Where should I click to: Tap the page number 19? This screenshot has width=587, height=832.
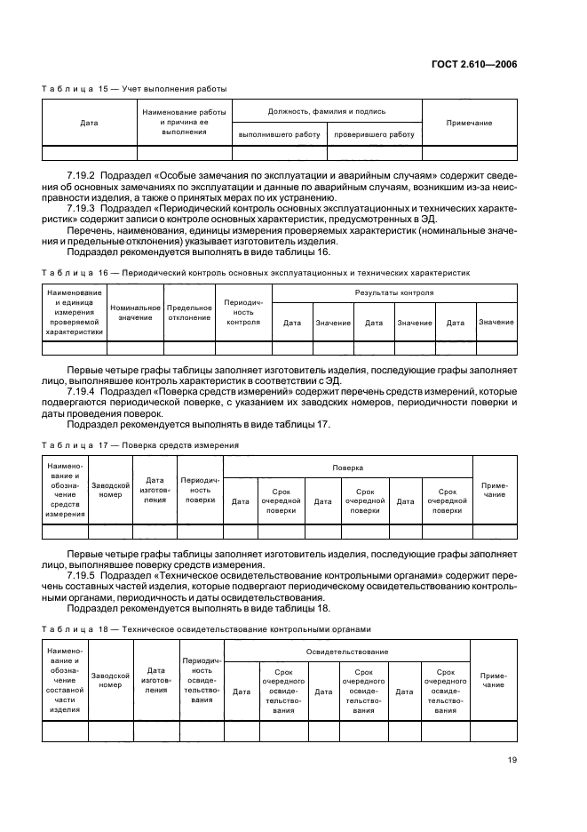pos(512,759)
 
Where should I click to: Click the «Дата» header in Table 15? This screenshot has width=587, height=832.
pos(89,123)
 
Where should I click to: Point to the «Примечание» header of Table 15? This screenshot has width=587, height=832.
pos(469,123)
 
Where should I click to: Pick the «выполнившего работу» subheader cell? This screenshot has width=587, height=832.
pos(279,134)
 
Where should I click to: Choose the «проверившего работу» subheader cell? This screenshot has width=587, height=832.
pos(374,134)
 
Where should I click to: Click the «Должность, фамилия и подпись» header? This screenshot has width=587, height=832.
pos(326,112)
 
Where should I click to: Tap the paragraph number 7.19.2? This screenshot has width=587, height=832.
pos(83,176)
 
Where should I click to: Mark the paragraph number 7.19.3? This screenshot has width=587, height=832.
pos(83,207)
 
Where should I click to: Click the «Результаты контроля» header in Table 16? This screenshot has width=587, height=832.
pos(393,292)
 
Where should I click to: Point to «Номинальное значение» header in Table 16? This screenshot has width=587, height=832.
pos(135,312)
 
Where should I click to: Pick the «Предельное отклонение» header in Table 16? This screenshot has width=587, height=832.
pos(189,312)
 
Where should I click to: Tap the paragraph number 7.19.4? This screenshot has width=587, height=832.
pos(83,389)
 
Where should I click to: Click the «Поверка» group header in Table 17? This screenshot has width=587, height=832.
pos(347,467)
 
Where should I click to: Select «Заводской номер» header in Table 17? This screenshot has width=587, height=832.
pos(111,489)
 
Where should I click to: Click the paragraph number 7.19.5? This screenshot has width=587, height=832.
pos(83,574)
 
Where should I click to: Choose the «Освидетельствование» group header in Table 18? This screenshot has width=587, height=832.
pos(347,652)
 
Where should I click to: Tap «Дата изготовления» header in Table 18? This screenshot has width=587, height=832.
pos(156,680)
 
